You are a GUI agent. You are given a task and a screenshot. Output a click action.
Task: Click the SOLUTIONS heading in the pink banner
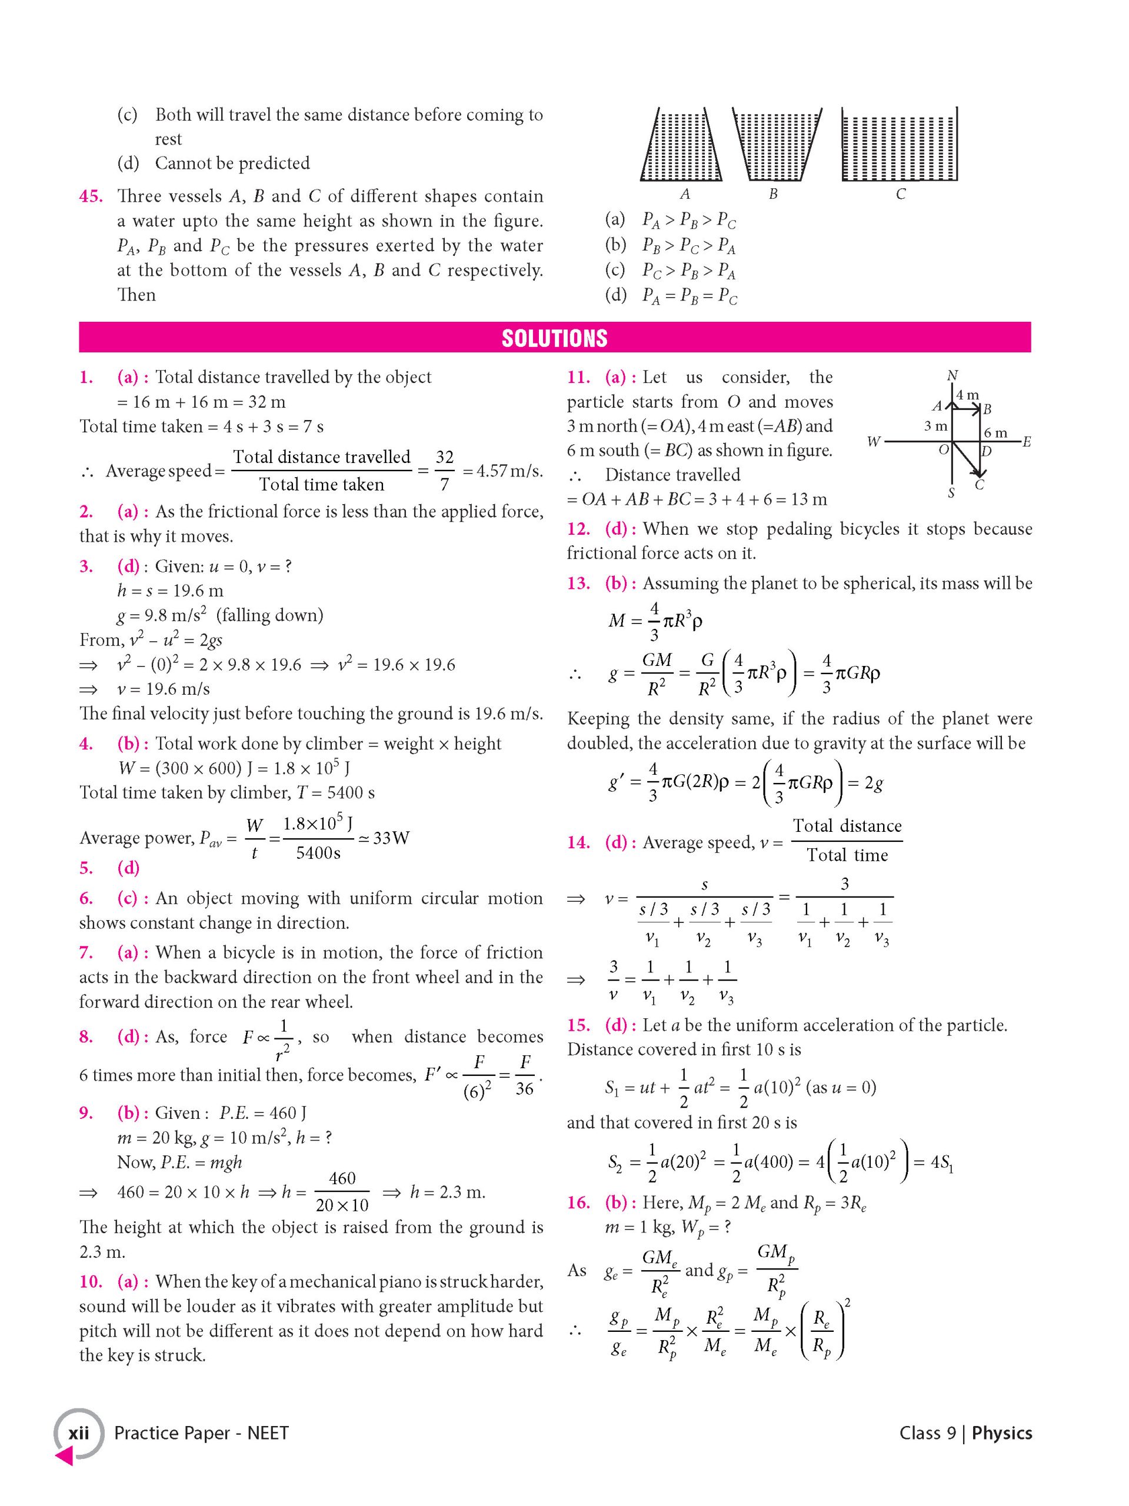554,338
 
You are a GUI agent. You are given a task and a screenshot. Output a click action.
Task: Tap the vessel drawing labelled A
682,144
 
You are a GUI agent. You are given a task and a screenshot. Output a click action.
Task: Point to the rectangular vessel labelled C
899,144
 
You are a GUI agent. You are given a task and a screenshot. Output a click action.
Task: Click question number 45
91,196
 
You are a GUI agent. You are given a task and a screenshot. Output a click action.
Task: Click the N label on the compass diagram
952,376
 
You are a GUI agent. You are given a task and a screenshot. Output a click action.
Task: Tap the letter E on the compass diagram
1026,442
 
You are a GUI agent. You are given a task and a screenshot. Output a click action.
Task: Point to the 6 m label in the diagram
995,433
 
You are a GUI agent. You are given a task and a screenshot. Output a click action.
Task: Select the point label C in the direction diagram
979,485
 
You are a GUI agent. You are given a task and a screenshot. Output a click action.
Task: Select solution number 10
91,1282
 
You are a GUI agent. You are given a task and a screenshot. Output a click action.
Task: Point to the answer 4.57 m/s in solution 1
502,471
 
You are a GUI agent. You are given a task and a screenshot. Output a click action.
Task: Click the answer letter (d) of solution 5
128,868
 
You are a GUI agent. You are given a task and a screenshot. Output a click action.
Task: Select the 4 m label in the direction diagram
967,395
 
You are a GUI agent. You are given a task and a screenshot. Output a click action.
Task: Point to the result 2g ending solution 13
874,783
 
